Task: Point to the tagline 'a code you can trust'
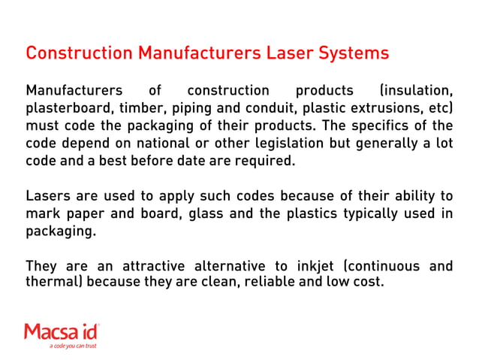click(73, 346)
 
